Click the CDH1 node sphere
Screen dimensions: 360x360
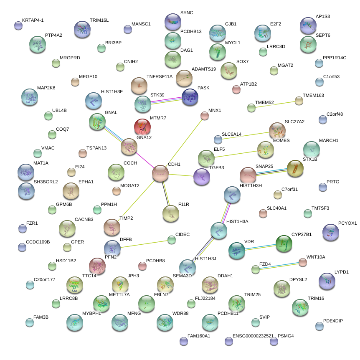tap(160, 173)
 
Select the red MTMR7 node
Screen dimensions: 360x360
tap(142, 127)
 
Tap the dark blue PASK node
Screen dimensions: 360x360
tap(190, 97)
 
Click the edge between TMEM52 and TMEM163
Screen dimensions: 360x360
tap(275, 104)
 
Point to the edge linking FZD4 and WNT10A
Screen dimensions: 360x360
tap(279, 266)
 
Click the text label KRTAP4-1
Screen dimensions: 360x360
tap(33, 20)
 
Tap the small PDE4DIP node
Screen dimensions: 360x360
tap(319, 326)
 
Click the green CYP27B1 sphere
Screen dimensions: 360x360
tap(284, 243)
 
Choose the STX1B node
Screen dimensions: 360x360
tap(295, 168)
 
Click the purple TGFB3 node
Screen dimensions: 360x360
tap(202, 177)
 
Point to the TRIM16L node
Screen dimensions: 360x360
tap(82, 29)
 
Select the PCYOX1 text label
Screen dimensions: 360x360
tap(347, 223)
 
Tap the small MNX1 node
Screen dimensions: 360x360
tap(204, 116)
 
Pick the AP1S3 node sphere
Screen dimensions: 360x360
tap(308, 25)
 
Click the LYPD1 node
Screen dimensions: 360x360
tap(327, 281)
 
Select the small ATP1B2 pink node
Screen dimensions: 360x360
tap(236, 89)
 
